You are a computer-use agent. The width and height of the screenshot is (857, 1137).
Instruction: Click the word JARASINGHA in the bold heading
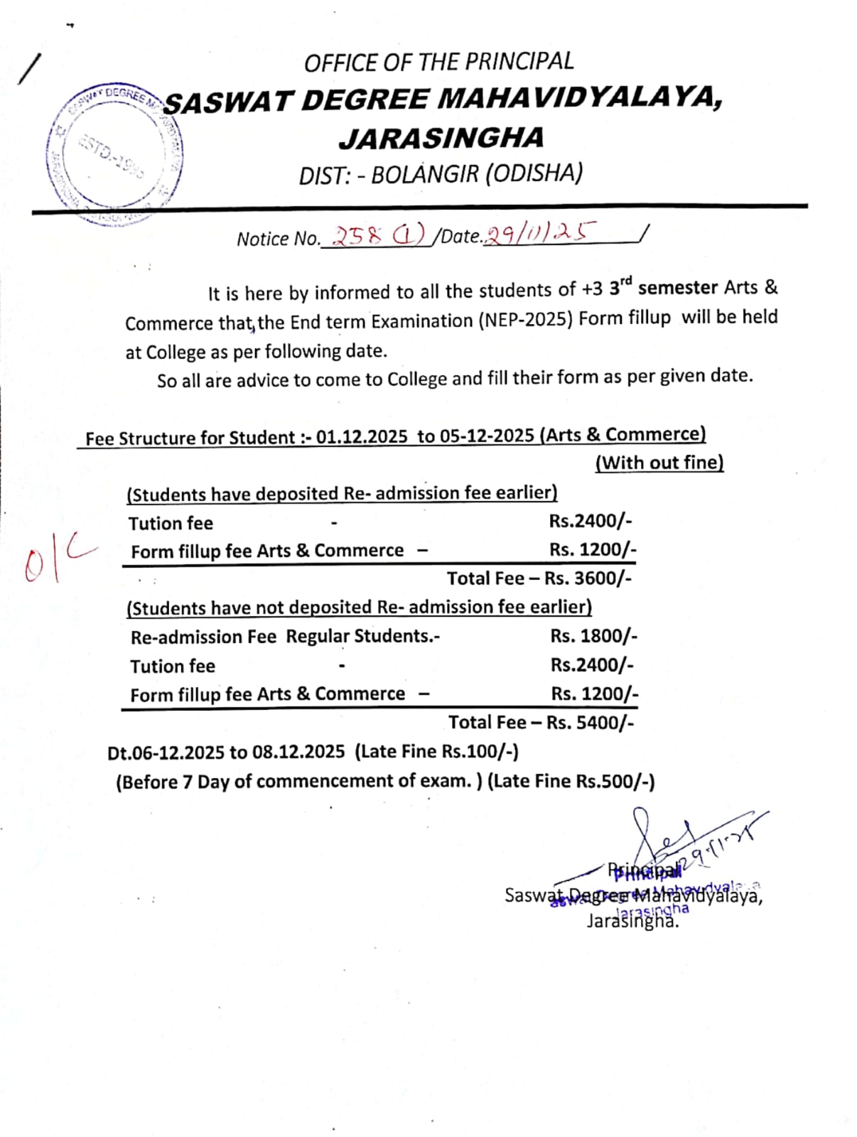coord(441,138)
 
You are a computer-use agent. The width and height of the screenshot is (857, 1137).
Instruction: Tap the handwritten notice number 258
coord(358,235)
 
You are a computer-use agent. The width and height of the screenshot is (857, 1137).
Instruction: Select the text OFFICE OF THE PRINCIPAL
coord(438,63)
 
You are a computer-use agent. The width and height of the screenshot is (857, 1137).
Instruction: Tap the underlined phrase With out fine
coord(659,463)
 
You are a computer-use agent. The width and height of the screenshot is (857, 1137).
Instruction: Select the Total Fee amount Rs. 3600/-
coord(588,578)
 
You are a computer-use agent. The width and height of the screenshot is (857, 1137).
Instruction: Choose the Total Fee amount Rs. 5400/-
coord(590,723)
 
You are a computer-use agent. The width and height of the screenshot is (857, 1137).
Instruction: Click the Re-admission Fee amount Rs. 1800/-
coord(593,635)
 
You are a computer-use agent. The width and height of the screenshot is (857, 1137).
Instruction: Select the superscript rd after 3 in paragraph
coord(625,281)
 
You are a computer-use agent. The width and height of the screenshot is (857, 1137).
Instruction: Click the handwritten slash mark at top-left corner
coord(30,69)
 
